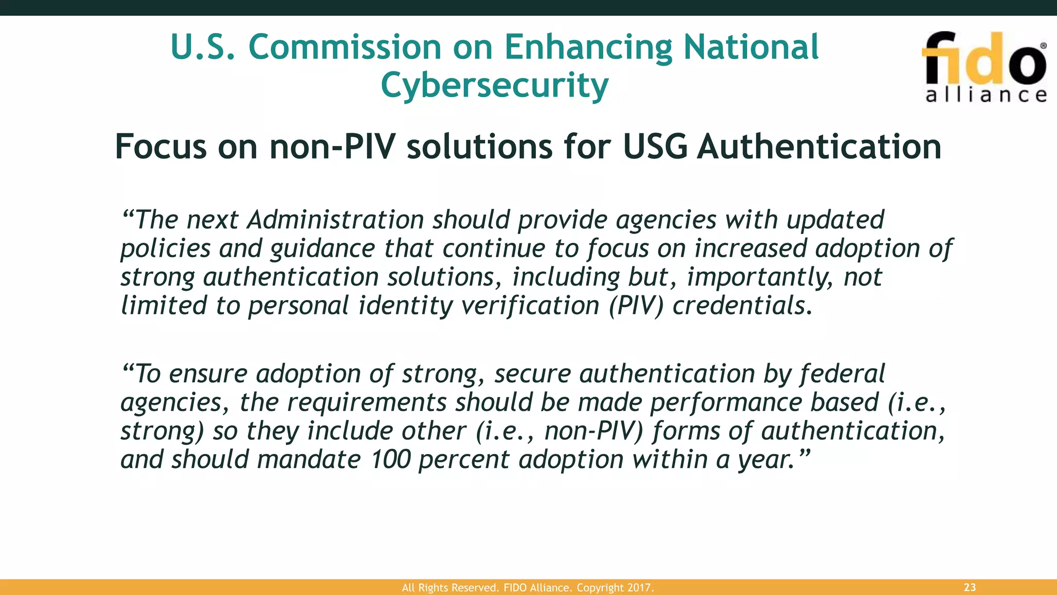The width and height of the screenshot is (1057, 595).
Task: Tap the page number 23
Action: click(970, 587)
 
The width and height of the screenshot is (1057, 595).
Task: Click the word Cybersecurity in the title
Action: click(494, 85)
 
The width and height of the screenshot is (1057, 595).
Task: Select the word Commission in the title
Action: click(345, 47)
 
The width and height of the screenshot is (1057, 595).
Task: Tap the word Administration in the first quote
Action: click(335, 220)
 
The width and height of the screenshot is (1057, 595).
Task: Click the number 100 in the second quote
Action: click(390, 460)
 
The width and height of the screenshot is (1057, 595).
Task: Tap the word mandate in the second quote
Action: click(309, 460)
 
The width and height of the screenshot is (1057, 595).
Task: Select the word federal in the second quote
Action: click(842, 374)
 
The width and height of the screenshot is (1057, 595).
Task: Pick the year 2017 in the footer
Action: click(640, 588)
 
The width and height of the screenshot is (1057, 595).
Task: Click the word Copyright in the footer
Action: click(600, 588)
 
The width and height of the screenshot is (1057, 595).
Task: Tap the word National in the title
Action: click(751, 47)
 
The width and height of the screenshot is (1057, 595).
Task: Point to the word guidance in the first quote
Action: click(323, 249)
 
